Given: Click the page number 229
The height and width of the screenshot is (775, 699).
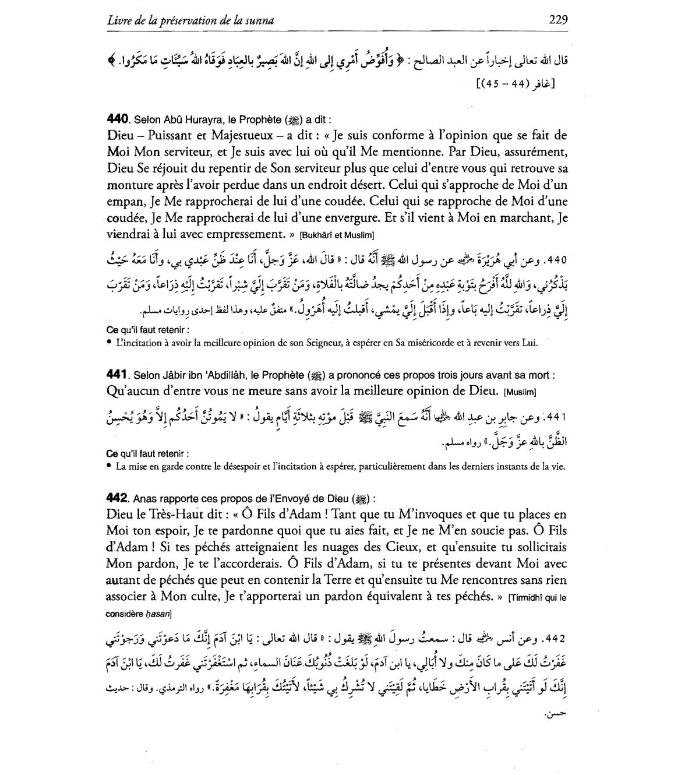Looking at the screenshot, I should coord(558,20).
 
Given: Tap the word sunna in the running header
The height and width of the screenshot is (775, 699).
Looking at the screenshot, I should coord(260,20).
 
